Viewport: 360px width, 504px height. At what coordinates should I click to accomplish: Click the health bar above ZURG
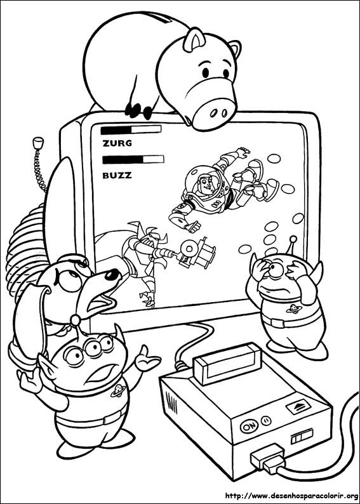tap(131, 129)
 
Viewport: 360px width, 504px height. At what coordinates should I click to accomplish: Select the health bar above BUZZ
tap(133, 159)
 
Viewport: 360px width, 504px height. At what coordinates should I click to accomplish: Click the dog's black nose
tap(112, 274)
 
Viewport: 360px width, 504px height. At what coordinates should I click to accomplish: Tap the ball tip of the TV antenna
tap(39, 142)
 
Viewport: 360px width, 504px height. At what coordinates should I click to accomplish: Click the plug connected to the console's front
tap(267, 458)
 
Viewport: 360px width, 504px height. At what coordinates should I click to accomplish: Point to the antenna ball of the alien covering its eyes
tap(293, 239)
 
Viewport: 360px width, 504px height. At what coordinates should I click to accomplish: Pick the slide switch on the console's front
tap(302, 438)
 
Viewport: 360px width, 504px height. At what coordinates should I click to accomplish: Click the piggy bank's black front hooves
tap(139, 110)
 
